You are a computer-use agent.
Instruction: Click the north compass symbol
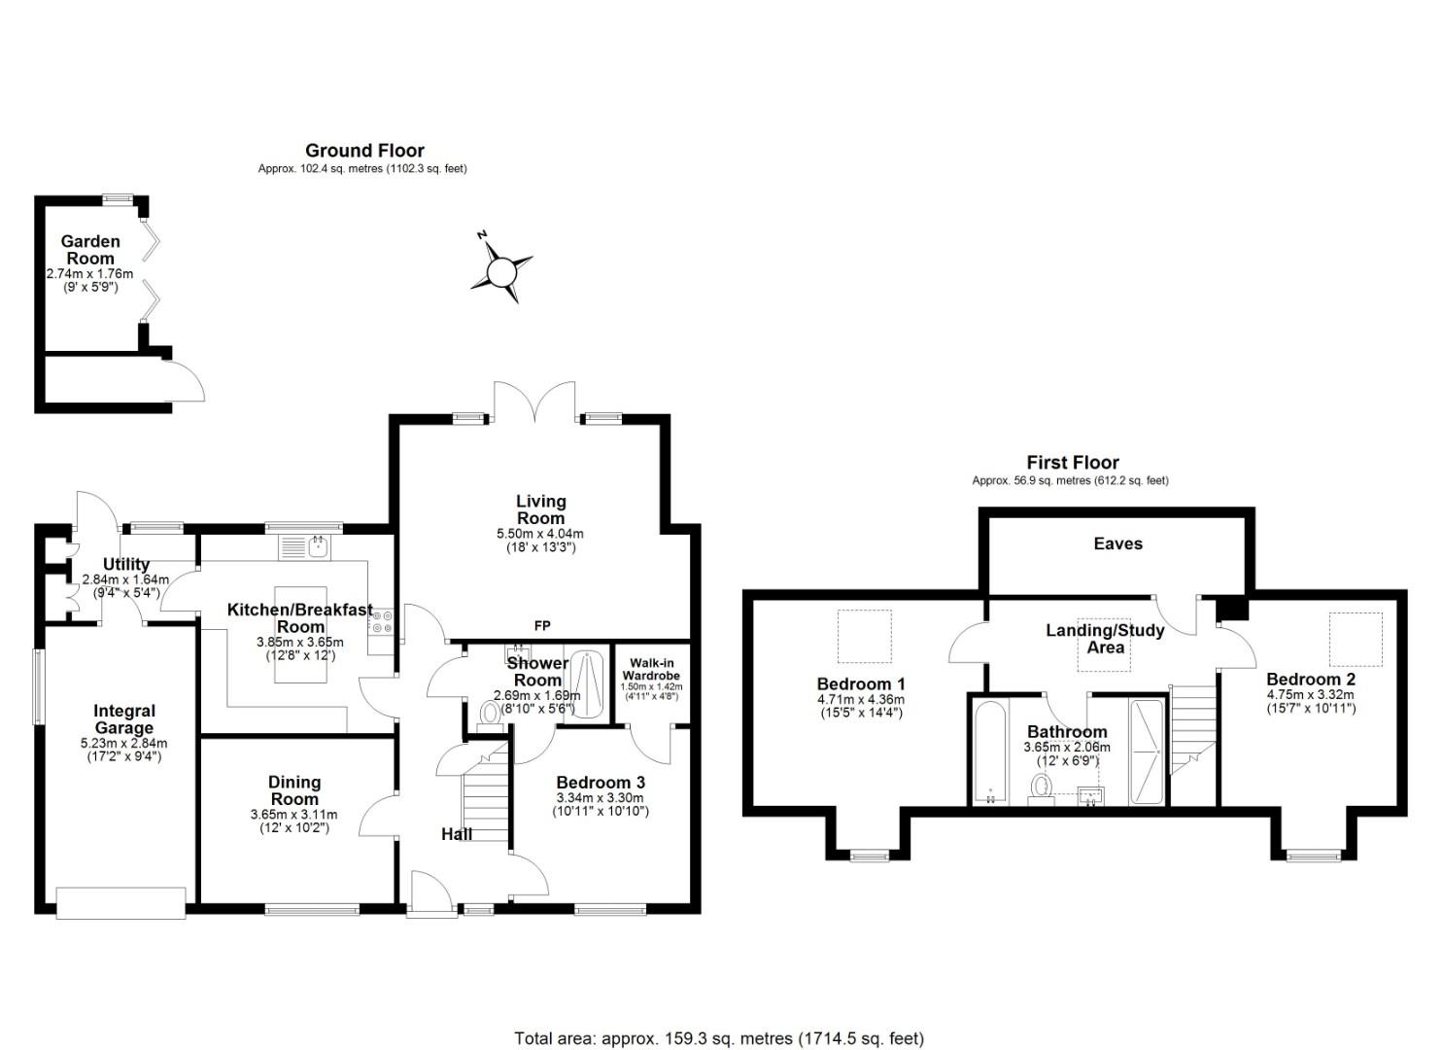[x=501, y=268]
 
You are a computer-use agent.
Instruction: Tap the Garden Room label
[x=90, y=250]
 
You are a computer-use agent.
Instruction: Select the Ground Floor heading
[x=364, y=151]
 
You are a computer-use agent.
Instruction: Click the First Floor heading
[x=1072, y=463]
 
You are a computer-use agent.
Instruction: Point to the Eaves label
[x=1117, y=543]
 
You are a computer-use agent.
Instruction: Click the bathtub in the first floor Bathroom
[x=990, y=751]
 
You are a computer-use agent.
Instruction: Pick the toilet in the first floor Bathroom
[x=1042, y=787]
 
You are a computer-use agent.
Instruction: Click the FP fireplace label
[x=542, y=626]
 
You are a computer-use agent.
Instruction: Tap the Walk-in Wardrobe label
[x=650, y=669]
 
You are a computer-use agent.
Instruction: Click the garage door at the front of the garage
[x=120, y=902]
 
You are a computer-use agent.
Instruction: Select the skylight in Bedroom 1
[x=864, y=637]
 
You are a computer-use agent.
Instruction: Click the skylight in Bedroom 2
[x=1355, y=638]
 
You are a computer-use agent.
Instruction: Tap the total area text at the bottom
[x=719, y=1038]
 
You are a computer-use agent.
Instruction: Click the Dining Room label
[x=294, y=790]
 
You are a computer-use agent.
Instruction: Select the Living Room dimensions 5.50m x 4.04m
[x=539, y=534]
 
